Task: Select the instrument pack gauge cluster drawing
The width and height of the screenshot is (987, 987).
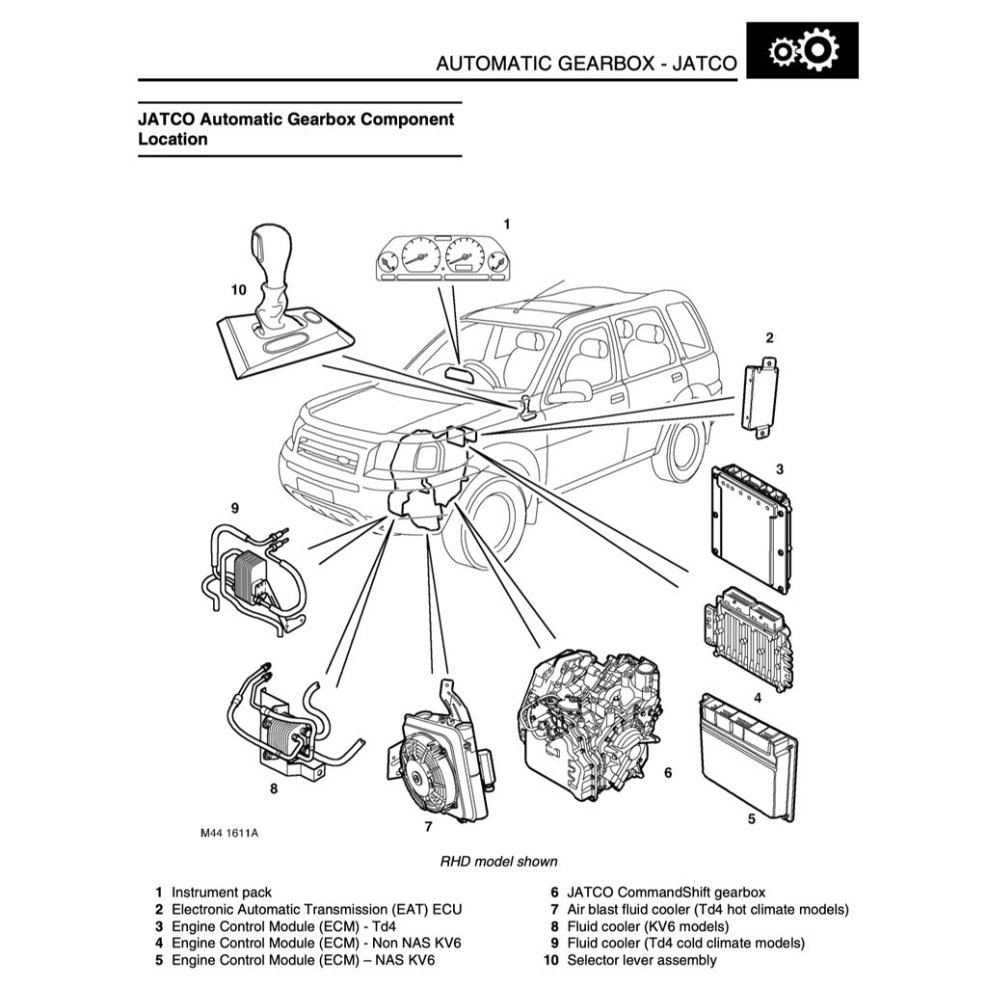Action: coord(442,258)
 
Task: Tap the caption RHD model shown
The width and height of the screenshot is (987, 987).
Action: coord(498,861)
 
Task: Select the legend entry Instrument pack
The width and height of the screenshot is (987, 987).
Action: coord(221,893)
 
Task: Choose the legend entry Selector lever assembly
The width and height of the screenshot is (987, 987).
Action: coord(641,960)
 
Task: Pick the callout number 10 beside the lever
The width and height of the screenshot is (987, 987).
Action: coord(238,288)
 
